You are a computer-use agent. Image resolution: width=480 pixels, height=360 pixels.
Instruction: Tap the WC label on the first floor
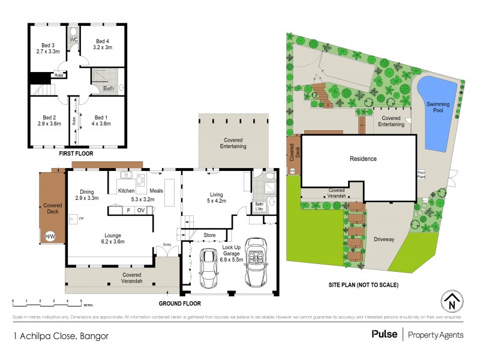coord(73,40)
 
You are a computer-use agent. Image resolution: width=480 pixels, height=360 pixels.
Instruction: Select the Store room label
coord(209,235)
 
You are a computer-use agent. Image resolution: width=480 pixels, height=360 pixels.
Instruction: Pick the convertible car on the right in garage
coord(256,265)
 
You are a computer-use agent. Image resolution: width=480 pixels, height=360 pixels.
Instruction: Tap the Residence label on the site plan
coord(363,159)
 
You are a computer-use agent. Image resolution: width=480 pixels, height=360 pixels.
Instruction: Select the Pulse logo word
coord(384,334)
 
